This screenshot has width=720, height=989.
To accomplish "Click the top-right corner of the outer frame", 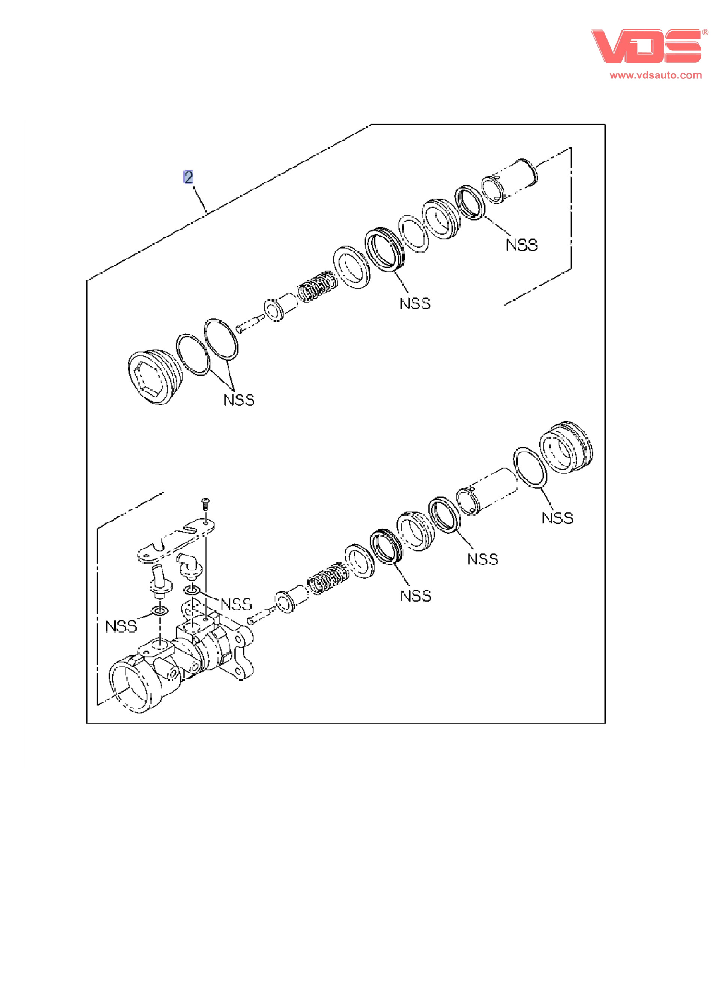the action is (x=605, y=125).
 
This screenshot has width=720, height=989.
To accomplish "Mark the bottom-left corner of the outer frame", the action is (x=87, y=723).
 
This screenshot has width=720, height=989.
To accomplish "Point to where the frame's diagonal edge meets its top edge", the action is (x=371, y=125).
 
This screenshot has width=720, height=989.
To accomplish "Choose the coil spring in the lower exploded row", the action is (x=328, y=579).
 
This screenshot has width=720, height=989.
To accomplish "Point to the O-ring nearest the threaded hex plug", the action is (x=193, y=355).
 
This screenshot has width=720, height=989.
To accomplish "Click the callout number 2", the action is (x=188, y=177).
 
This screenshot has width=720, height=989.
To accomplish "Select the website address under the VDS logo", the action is (x=655, y=75).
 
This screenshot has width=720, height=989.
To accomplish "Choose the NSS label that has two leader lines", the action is (x=239, y=400).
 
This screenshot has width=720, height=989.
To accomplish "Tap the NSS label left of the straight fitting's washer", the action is (x=121, y=627).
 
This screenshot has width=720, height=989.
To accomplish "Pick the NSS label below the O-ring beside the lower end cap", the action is (x=557, y=518).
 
